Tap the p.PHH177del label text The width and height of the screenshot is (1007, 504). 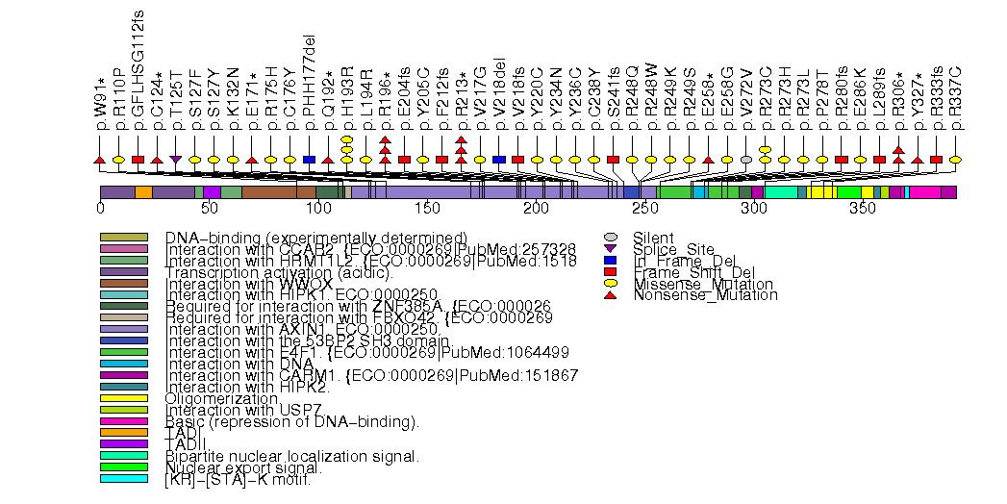pos(309,91)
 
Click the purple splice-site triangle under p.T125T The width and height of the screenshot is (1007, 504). pos(175,159)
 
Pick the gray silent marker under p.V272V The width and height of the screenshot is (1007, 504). pos(746,159)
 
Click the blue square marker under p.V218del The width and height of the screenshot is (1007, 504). pos(498,159)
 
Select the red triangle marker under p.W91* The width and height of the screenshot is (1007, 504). pos(99,159)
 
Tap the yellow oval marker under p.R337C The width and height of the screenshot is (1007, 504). pos(955,159)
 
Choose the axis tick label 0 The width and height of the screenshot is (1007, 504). pos(100,208)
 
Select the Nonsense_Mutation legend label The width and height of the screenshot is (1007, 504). pos(705,295)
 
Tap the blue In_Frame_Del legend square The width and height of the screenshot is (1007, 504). pos(609,261)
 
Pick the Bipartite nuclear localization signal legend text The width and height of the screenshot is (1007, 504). pos(291,456)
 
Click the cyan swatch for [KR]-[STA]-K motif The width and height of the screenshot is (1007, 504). pos(123,479)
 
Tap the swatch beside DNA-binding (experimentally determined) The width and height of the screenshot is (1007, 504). pos(123,238)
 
